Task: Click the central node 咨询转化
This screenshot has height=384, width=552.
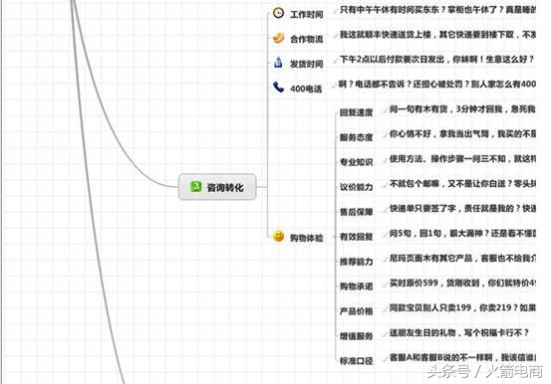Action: pyautogui.click(x=216, y=186)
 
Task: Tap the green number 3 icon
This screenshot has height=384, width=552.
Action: pyautogui.click(x=196, y=186)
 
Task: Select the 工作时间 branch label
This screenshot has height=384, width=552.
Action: pyautogui.click(x=307, y=14)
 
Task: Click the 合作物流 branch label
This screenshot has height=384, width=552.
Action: pyautogui.click(x=307, y=39)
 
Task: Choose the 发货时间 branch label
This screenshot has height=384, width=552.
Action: pyautogui.click(x=307, y=64)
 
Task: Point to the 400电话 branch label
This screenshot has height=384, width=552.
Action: pyautogui.click(x=307, y=89)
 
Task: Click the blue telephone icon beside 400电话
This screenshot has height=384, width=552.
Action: pyautogui.click(x=278, y=88)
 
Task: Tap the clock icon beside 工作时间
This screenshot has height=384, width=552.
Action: pyautogui.click(x=278, y=14)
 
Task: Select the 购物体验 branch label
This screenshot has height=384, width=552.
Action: pyautogui.click(x=307, y=237)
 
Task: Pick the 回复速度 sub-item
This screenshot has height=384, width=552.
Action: pyautogui.click(x=356, y=112)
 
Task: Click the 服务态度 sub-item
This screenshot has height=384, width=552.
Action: pyautogui.click(x=356, y=137)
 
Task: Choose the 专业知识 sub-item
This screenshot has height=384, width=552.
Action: pyautogui.click(x=356, y=161)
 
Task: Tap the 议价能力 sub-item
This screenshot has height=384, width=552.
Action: pyautogui.click(x=356, y=186)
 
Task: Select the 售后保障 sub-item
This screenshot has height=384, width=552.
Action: pyautogui.click(x=356, y=211)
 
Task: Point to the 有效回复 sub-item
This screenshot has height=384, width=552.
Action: pyautogui.click(x=356, y=236)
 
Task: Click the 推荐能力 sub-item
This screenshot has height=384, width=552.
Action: pyautogui.click(x=356, y=261)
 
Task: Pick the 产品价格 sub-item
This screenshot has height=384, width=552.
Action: pyautogui.click(x=356, y=310)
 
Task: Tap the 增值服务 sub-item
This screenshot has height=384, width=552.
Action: pyautogui.click(x=356, y=335)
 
